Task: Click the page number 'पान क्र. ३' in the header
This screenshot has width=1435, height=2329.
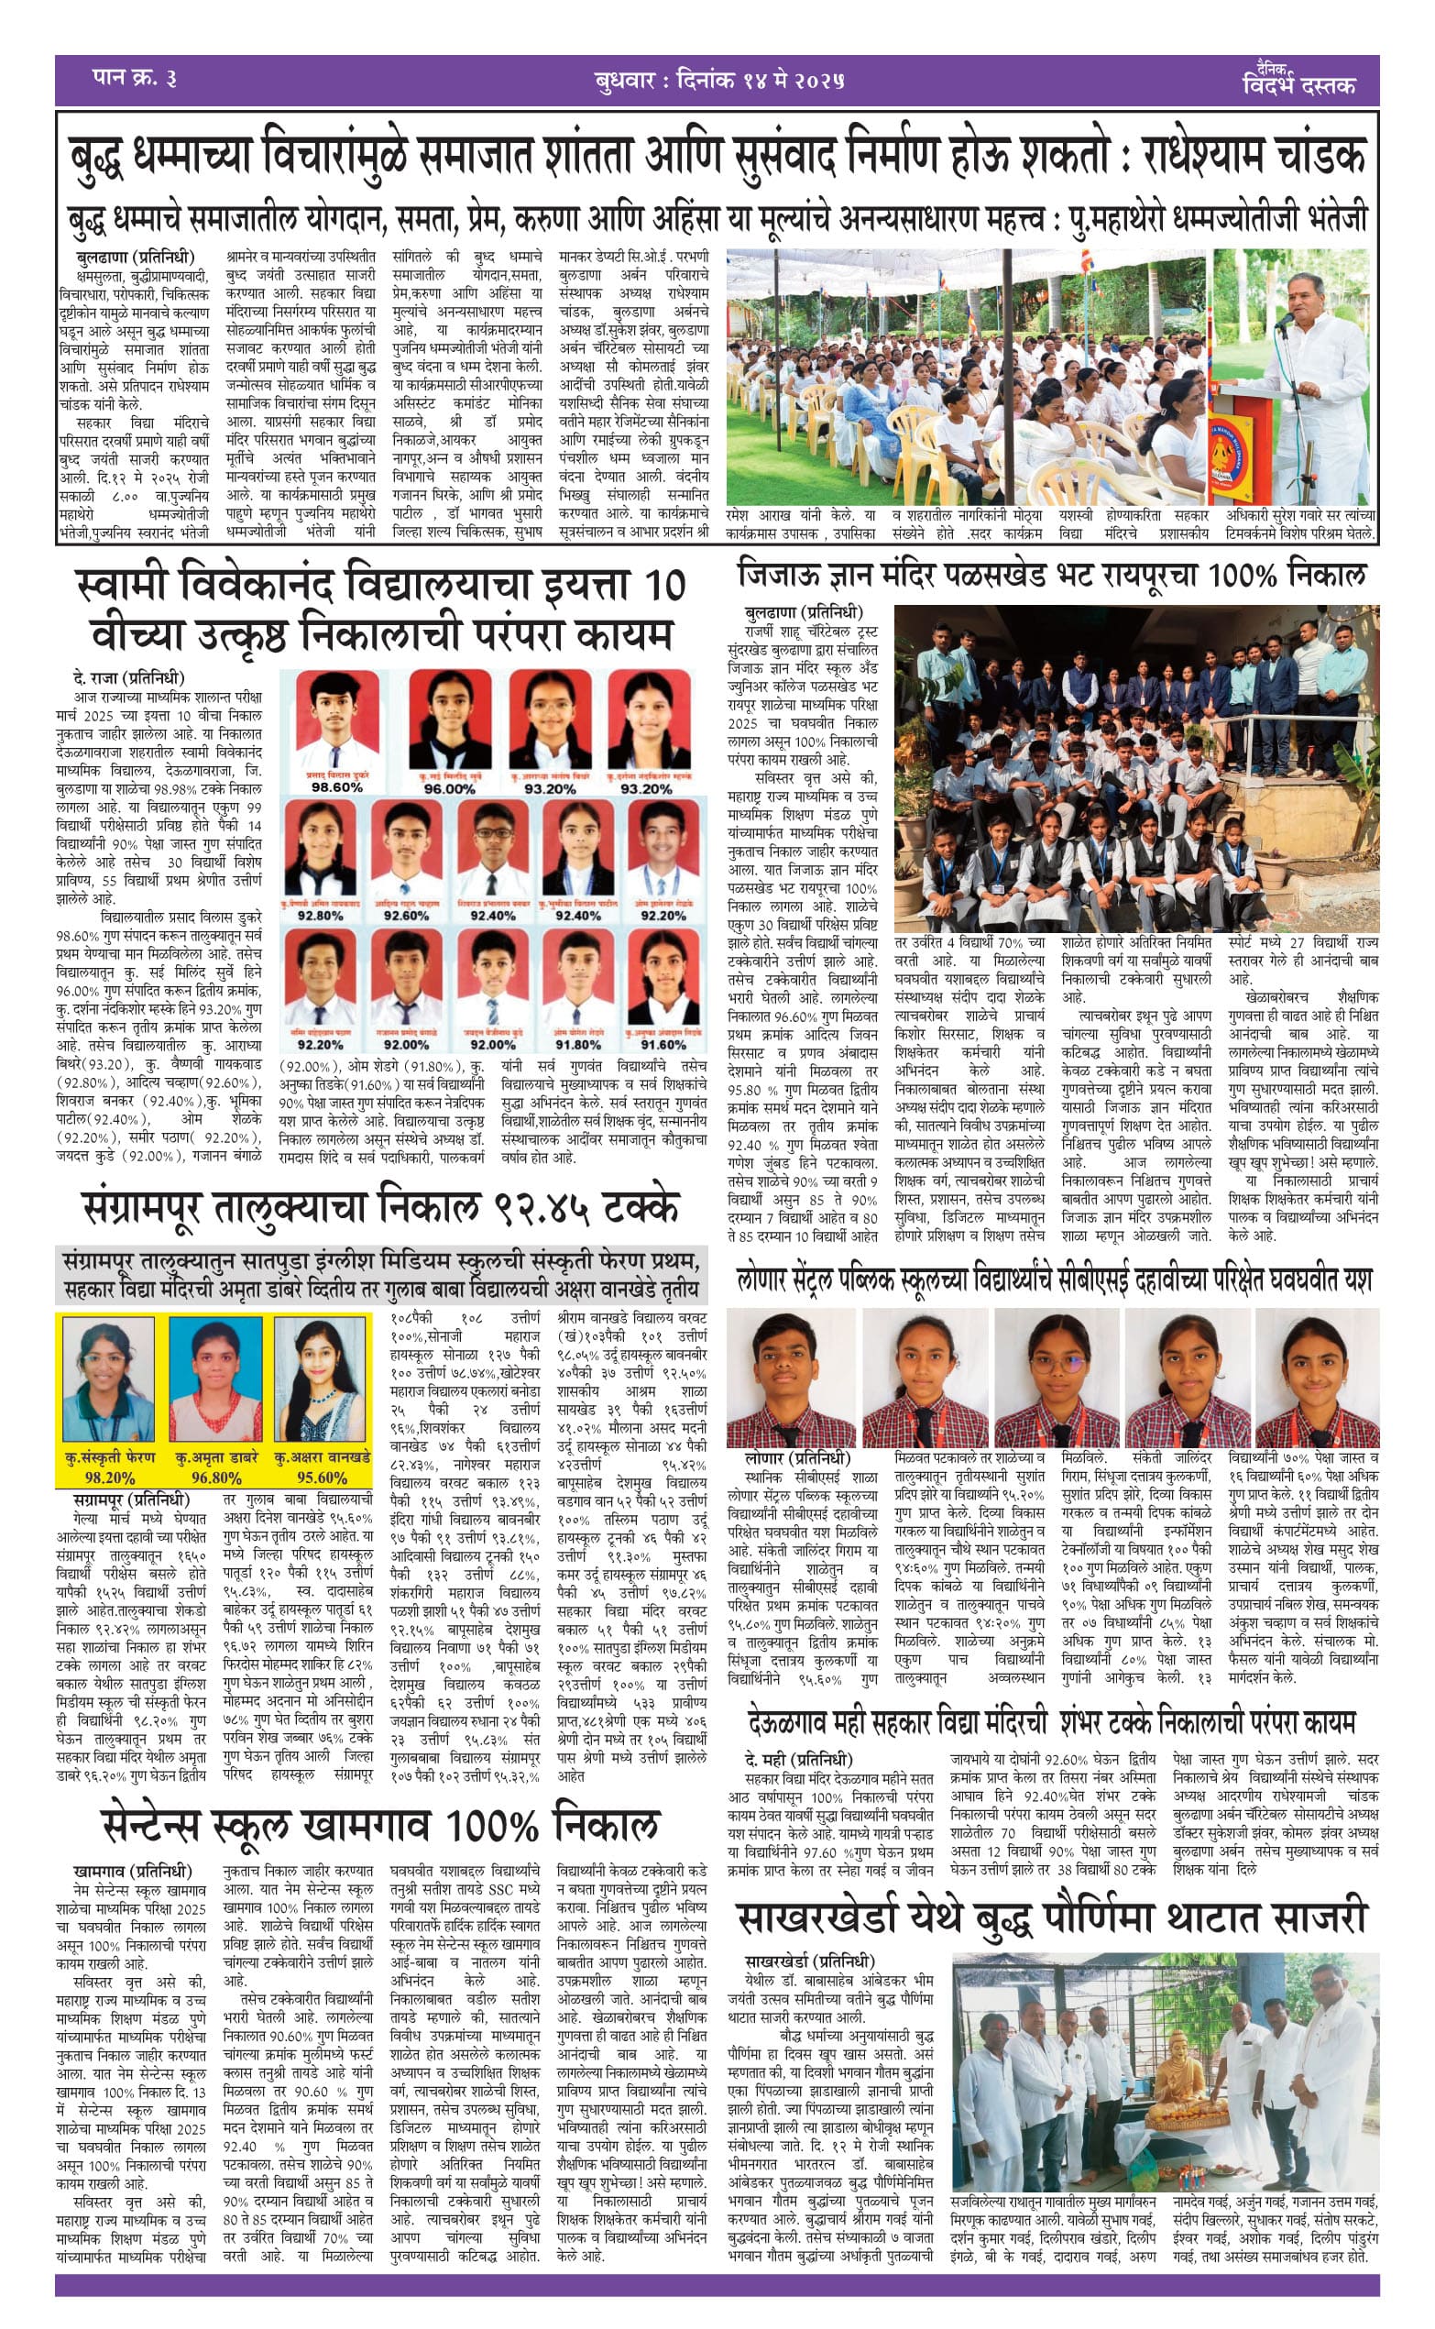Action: (x=135, y=78)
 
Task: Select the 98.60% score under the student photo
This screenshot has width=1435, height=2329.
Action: (x=337, y=786)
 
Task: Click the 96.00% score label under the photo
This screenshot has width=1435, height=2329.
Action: (x=449, y=788)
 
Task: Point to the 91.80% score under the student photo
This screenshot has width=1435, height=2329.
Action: (x=578, y=1044)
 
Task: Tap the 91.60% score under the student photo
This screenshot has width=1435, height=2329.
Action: (x=663, y=1044)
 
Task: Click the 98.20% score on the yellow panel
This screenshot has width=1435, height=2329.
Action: (x=110, y=1478)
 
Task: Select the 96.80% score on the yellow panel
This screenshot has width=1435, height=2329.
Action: (x=216, y=1478)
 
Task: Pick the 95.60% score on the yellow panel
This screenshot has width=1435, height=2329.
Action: (x=322, y=1478)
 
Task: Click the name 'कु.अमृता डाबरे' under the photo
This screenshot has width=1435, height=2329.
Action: (x=216, y=1456)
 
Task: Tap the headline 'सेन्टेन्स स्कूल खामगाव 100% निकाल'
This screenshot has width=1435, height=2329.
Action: (x=379, y=1825)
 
